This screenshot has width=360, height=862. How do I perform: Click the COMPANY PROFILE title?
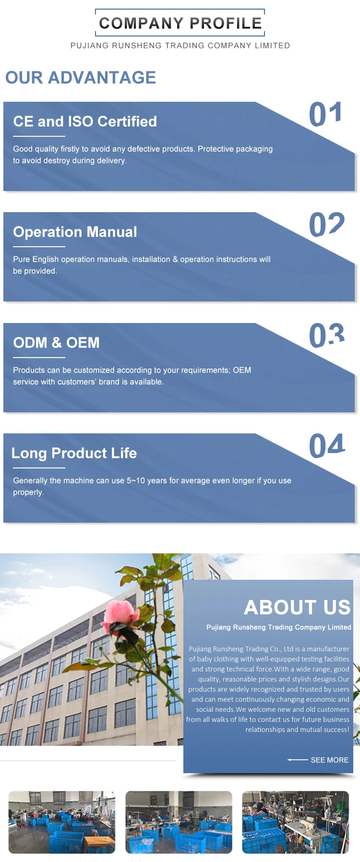(180, 23)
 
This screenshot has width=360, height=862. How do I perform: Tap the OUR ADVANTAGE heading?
(81, 77)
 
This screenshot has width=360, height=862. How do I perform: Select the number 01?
(325, 114)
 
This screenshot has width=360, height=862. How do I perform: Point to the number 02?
(327, 225)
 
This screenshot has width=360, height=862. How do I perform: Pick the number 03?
(327, 335)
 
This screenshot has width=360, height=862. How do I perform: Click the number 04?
(327, 446)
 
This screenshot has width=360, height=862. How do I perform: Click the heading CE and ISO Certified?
(85, 121)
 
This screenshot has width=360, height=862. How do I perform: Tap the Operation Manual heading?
(75, 232)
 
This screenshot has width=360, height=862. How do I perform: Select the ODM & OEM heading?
(57, 343)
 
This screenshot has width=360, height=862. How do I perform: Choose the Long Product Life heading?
(74, 454)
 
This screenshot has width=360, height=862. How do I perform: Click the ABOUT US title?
(298, 607)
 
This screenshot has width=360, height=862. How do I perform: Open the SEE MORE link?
(330, 760)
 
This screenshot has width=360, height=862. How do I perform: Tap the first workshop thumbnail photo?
(62, 822)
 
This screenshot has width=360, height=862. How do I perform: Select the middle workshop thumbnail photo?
(179, 822)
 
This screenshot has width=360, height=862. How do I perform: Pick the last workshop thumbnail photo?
(296, 822)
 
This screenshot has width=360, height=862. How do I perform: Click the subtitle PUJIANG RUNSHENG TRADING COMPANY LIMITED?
(180, 46)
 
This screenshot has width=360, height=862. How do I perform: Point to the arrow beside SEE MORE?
(298, 760)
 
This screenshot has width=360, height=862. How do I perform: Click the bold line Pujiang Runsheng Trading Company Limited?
(279, 627)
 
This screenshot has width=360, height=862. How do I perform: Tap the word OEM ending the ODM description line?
(242, 370)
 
